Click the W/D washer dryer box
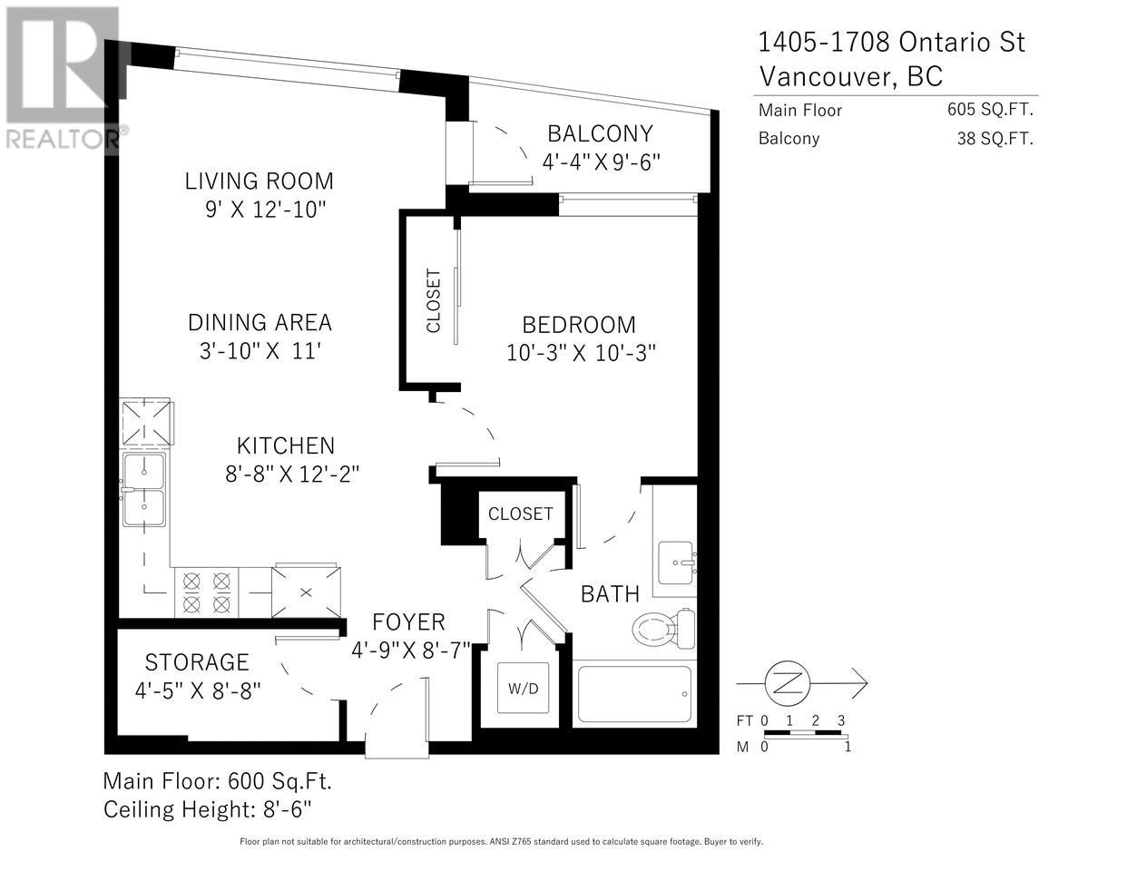click(x=522, y=689)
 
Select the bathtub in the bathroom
click(x=634, y=694)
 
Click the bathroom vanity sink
click(x=676, y=563)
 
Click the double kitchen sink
click(x=145, y=490)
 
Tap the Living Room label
click(x=259, y=181)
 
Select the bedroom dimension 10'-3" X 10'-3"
click(x=581, y=352)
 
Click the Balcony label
click(x=600, y=133)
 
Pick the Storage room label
click(x=197, y=662)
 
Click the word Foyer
click(x=409, y=621)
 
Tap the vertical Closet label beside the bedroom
click(x=433, y=300)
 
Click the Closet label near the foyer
click(x=520, y=514)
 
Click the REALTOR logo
click(x=62, y=78)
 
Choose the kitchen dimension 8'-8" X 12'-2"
click(x=286, y=473)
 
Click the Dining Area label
click(x=260, y=322)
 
